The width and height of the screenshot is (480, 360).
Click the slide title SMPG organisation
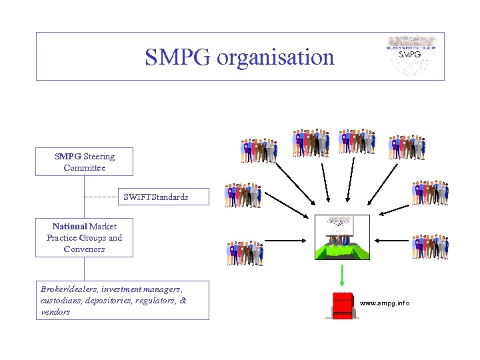239,57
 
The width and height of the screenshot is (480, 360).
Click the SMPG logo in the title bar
409,55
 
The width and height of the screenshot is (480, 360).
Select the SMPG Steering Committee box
84,162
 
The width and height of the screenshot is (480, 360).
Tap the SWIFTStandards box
155,197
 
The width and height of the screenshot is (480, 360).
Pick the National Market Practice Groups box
84,238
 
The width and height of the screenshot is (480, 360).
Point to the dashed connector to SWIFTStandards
103,197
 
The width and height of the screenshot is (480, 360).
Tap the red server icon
342,305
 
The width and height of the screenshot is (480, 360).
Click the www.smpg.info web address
385,303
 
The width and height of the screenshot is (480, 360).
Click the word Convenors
84,249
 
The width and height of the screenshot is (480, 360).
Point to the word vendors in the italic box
55,311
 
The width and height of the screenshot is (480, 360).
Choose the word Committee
84,168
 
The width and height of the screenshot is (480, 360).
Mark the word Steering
99,157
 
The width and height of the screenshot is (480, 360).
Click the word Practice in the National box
62,238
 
